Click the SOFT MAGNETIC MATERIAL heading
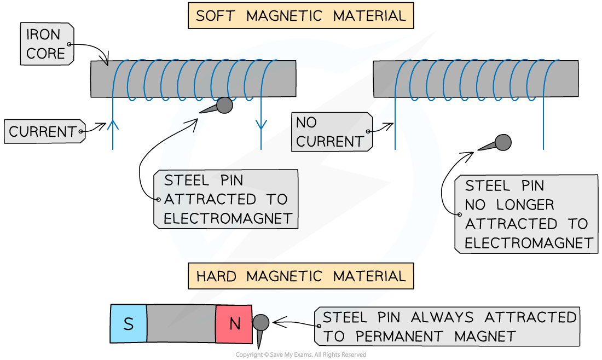300,15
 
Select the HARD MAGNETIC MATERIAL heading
300,276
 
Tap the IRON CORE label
45,44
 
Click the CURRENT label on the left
43,132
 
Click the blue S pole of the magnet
129,324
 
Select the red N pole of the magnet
234,324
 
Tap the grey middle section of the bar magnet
181,324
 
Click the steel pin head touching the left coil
224,105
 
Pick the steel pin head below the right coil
502,143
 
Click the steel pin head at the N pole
261,322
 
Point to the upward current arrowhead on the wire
113,124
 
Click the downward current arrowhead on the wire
261,124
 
